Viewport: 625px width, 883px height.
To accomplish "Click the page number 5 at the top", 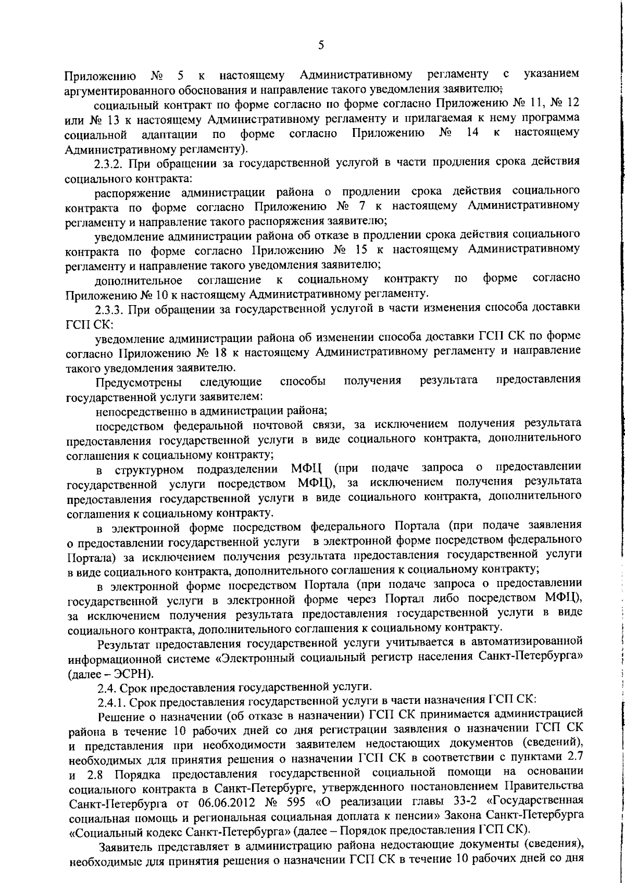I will click(x=321, y=45).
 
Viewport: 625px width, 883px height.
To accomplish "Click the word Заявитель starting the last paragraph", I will click(x=129, y=844).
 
